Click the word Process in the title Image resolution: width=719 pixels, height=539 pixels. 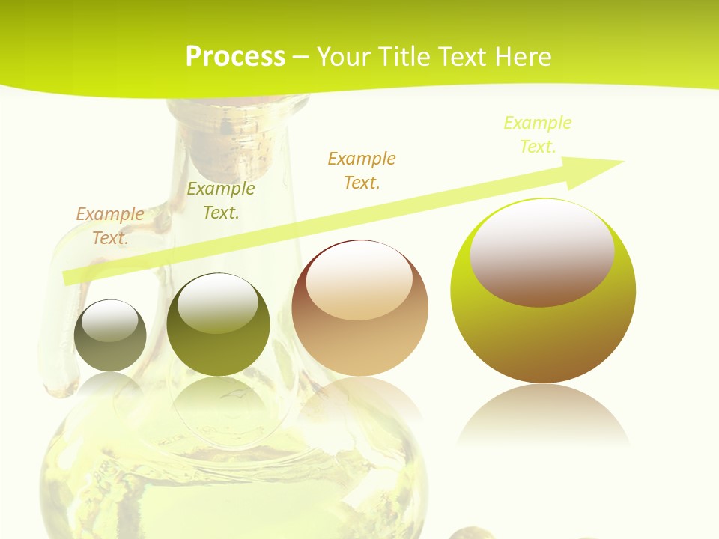pyautogui.click(x=235, y=56)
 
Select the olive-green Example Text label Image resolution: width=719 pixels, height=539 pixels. pyautogui.click(x=221, y=201)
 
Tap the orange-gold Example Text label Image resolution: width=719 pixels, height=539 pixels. pyautogui.click(x=362, y=171)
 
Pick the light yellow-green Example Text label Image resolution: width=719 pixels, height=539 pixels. pyautogui.click(x=538, y=135)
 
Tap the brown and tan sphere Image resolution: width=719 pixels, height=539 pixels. pyautogui.click(x=359, y=329)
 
